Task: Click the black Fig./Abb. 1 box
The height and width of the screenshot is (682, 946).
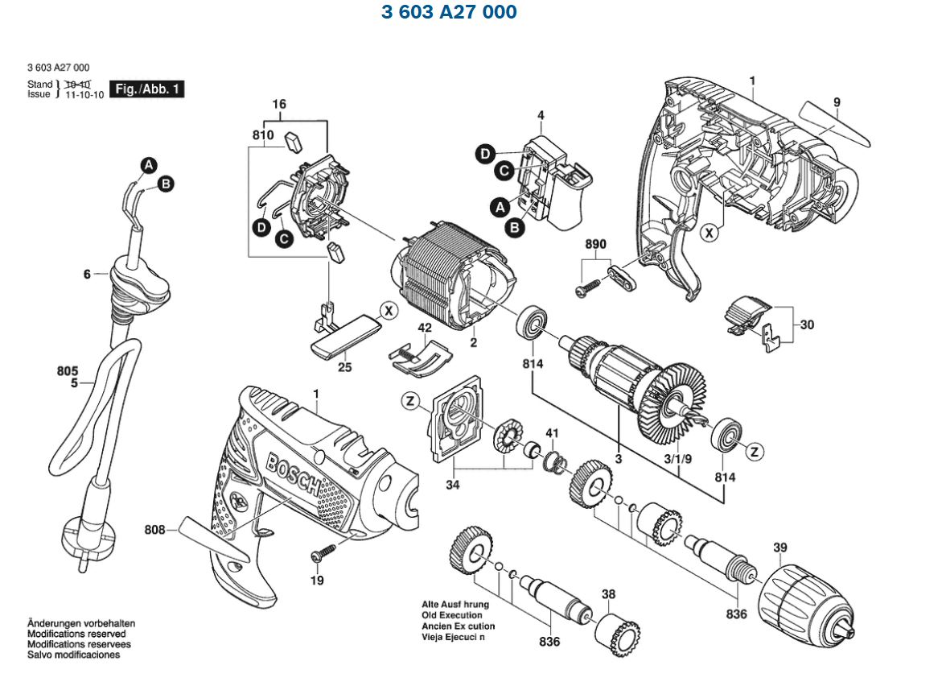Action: tap(147, 89)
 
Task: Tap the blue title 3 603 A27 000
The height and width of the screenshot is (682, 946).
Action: tap(448, 12)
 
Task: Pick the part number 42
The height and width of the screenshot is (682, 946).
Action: tap(424, 328)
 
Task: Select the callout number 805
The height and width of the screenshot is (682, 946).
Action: tap(68, 371)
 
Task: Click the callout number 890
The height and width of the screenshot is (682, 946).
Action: tap(595, 245)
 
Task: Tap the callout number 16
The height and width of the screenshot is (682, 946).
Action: tap(279, 105)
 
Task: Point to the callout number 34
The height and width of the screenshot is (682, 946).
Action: tap(453, 486)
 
